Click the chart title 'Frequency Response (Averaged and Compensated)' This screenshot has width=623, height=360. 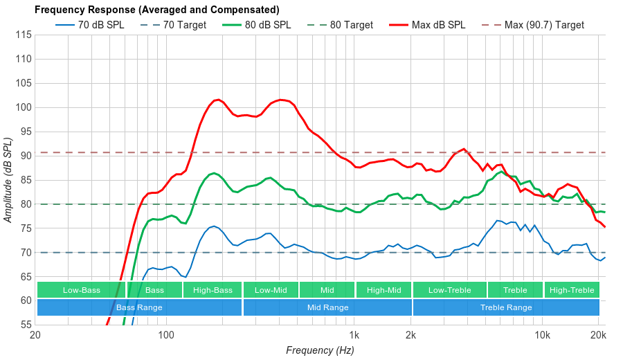(x=156, y=10)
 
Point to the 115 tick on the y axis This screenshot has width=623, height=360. (x=24, y=35)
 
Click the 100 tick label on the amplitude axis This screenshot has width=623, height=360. (x=24, y=107)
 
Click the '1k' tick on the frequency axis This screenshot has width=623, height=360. (x=354, y=335)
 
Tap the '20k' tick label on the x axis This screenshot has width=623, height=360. (x=599, y=335)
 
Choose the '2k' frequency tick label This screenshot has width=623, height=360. (x=410, y=335)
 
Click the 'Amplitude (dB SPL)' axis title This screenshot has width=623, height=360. (x=8, y=180)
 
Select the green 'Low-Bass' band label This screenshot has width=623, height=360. (x=81, y=290)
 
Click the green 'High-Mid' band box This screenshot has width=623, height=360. (x=383, y=290)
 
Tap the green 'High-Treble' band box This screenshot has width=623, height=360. (x=572, y=290)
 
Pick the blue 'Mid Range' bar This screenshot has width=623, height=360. (x=327, y=307)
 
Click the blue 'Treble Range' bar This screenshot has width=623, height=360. (x=506, y=307)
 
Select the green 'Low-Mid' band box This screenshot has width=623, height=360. (x=271, y=290)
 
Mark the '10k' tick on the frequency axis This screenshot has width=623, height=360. (x=542, y=335)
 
